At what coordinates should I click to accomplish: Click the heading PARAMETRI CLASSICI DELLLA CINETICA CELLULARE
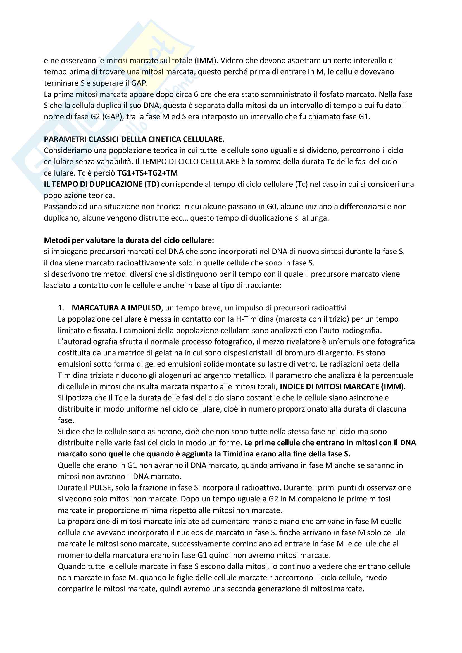click(x=134, y=139)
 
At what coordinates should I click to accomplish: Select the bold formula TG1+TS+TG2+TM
click(x=148, y=173)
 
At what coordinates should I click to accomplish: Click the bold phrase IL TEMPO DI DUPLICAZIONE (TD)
click(x=102, y=184)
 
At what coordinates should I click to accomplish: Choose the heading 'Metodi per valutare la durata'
click(x=129, y=240)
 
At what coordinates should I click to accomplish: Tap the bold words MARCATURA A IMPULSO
click(x=116, y=308)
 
